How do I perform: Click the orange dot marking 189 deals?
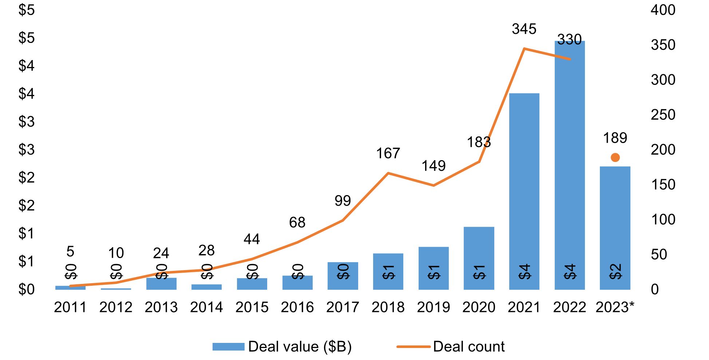(x=615, y=158)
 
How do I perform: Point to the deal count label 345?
(x=524, y=29)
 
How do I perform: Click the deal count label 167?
(x=388, y=153)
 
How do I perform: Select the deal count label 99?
(x=342, y=201)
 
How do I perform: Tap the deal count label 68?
(x=297, y=222)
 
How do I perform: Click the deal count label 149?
(x=433, y=166)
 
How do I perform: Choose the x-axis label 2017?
(x=342, y=307)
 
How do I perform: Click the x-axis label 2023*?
(x=615, y=307)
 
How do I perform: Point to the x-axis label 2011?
(x=70, y=307)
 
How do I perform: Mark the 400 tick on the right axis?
(x=663, y=10)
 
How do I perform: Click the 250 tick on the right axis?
(x=663, y=115)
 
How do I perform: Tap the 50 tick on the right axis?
(x=659, y=254)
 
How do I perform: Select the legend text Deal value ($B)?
(x=300, y=347)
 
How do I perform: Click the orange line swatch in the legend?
(x=413, y=347)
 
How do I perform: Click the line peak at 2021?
(x=524, y=48)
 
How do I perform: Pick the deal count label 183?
(x=479, y=142)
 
